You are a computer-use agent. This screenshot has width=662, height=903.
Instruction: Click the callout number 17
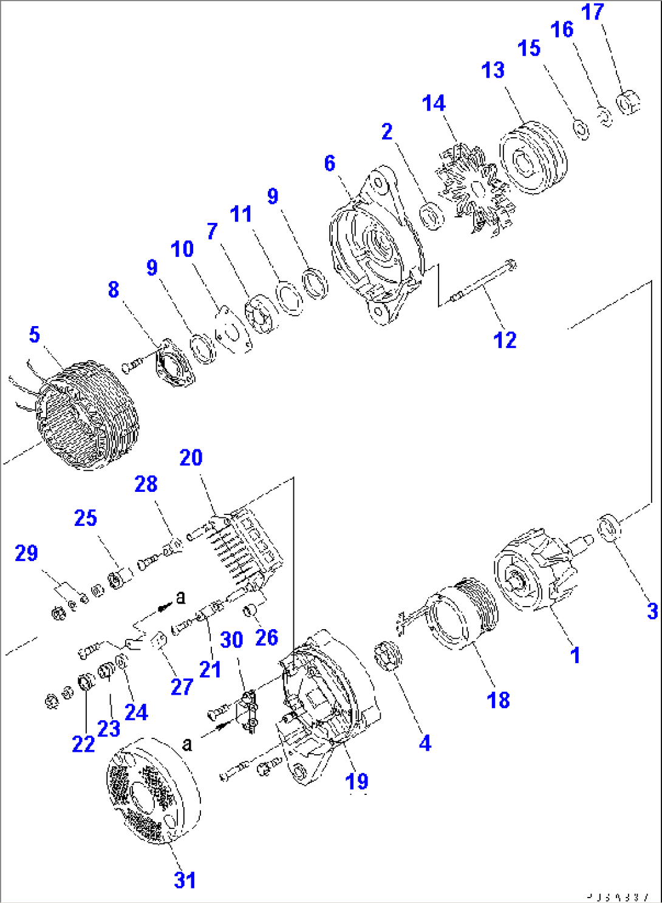(x=593, y=12)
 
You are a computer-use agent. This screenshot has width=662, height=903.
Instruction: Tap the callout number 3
(x=652, y=611)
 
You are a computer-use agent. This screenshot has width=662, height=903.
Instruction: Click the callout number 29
(x=26, y=553)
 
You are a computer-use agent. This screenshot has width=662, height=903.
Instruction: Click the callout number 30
(x=231, y=639)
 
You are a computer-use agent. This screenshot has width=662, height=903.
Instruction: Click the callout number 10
(x=182, y=249)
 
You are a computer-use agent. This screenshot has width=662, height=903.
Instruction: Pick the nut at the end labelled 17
(x=628, y=102)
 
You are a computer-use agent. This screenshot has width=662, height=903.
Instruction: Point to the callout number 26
(x=267, y=638)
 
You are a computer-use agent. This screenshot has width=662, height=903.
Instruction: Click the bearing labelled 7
(x=262, y=313)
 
